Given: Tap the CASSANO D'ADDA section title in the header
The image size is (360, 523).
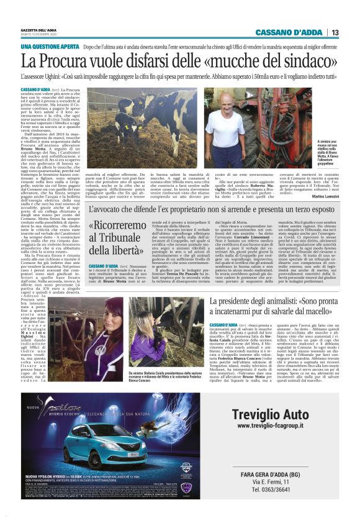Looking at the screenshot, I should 290,32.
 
